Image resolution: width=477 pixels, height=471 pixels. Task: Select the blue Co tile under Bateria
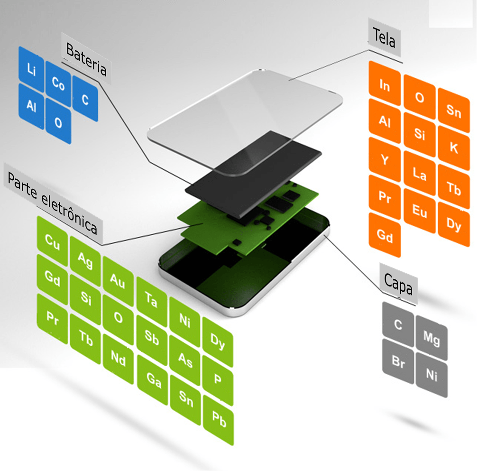[x=58, y=84]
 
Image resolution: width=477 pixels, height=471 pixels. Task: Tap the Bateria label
[x=86, y=59]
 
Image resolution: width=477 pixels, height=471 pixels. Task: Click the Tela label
[x=384, y=38]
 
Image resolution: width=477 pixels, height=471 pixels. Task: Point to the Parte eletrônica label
[x=53, y=202]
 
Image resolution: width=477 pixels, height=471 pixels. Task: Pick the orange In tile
[x=385, y=86]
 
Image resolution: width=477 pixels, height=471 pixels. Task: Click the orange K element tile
[x=453, y=148]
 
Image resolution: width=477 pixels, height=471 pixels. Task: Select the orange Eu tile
[x=420, y=210]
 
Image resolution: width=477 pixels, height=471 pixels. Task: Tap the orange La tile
[x=419, y=175]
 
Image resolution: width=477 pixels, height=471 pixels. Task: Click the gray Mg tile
[x=431, y=339]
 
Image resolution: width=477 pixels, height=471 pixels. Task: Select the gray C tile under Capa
[x=398, y=324]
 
